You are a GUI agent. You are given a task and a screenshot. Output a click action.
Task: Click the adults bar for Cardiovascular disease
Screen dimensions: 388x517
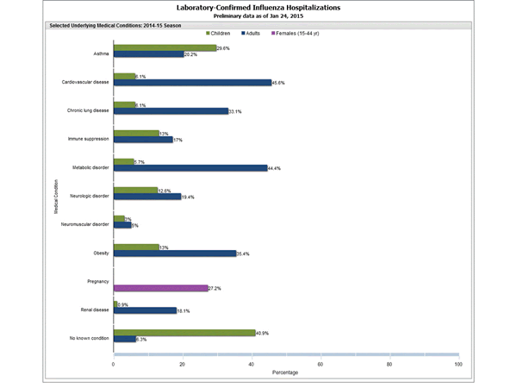click(x=191, y=83)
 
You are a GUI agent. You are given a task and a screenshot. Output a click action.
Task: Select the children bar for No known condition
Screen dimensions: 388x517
click(x=184, y=332)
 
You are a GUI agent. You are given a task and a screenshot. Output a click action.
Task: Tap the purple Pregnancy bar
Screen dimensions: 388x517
click(x=160, y=288)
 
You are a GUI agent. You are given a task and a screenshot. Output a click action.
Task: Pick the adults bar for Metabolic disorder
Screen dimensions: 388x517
click(x=190, y=167)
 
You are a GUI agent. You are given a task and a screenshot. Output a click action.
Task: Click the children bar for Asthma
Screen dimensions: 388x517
click(x=164, y=48)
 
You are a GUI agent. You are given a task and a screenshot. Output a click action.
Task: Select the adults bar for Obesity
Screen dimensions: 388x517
click(x=174, y=253)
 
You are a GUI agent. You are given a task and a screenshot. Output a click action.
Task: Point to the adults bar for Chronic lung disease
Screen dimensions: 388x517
click(x=170, y=111)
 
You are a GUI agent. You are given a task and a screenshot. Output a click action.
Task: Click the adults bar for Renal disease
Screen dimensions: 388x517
click(x=145, y=310)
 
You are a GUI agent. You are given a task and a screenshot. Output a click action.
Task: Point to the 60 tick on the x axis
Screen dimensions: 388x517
click(x=321, y=364)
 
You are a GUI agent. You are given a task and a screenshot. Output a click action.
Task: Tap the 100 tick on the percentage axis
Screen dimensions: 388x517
click(x=458, y=364)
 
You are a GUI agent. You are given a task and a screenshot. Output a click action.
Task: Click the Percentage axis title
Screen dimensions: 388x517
click(x=286, y=373)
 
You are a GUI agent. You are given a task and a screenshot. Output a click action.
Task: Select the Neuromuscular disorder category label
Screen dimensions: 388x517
click(x=85, y=223)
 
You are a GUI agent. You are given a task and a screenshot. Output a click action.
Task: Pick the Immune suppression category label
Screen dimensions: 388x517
click(x=90, y=139)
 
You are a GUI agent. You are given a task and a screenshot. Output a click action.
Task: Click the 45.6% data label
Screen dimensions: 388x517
click(x=279, y=83)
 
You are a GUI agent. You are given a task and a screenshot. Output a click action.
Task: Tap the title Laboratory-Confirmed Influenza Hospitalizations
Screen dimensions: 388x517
click(x=258, y=7)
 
